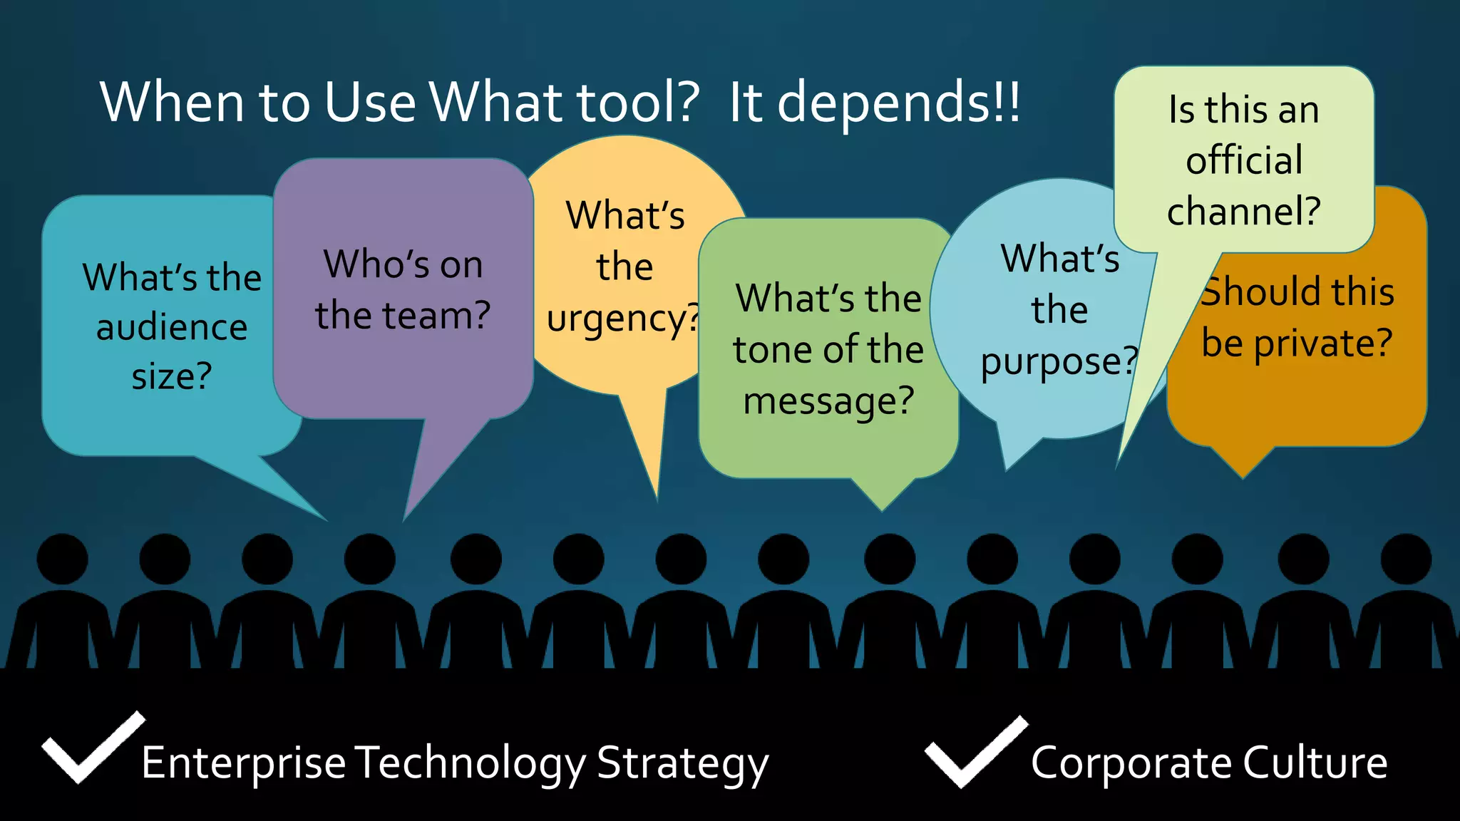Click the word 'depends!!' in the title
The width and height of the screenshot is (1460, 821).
898,103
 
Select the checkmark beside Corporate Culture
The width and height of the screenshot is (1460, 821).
976,751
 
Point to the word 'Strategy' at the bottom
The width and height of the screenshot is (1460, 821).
682,765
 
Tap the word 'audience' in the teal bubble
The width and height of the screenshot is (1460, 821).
172,328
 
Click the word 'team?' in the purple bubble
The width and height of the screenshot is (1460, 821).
437,316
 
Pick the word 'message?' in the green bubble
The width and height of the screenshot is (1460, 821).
828,401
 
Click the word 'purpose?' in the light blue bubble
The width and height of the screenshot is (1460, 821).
1059,362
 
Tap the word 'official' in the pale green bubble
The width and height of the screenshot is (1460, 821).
1244,160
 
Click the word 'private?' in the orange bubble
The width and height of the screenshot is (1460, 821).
1322,344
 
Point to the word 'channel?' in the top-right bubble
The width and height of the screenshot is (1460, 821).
1244,211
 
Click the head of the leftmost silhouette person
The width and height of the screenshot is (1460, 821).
63,559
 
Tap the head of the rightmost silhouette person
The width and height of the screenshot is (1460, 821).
1405,559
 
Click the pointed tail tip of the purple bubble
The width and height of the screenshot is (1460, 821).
405,518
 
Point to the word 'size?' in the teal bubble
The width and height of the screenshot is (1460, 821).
172,376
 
